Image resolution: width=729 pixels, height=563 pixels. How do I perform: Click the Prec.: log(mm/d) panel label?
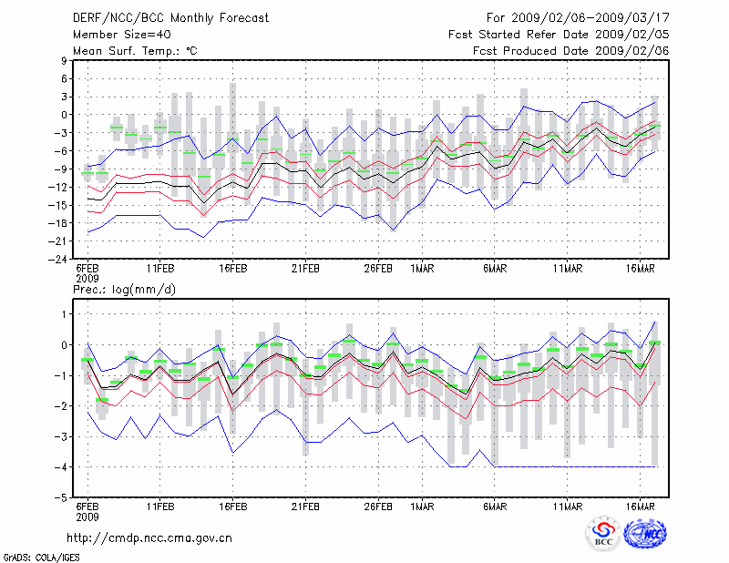(123, 290)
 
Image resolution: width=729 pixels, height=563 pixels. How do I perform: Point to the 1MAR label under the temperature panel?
(423, 268)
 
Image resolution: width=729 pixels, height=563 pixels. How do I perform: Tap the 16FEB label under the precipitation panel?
(233, 507)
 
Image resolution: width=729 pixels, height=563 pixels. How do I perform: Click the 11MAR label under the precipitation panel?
(568, 507)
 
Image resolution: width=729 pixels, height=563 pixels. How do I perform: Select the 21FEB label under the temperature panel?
(306, 268)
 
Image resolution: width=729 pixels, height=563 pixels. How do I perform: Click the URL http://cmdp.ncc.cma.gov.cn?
(149, 537)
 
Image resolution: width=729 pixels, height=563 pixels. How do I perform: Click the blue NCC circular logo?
(644, 534)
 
